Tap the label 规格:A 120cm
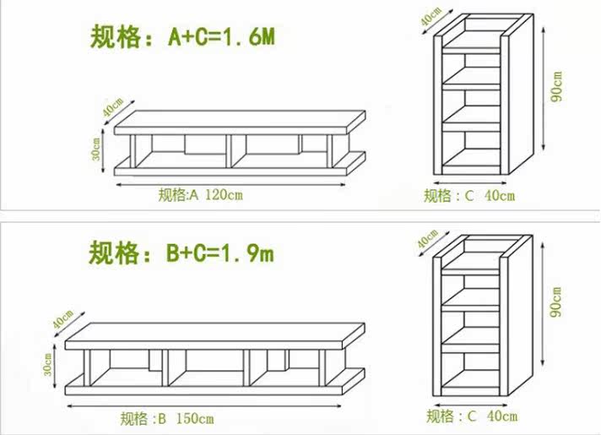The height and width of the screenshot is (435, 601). point(201,196)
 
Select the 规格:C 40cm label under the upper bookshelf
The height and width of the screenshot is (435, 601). point(469,197)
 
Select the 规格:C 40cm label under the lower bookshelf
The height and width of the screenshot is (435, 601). point(472,416)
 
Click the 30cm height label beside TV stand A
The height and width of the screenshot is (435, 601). point(98,150)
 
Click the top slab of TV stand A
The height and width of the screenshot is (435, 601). point(236,122)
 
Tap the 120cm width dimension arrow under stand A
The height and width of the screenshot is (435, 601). point(232,183)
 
